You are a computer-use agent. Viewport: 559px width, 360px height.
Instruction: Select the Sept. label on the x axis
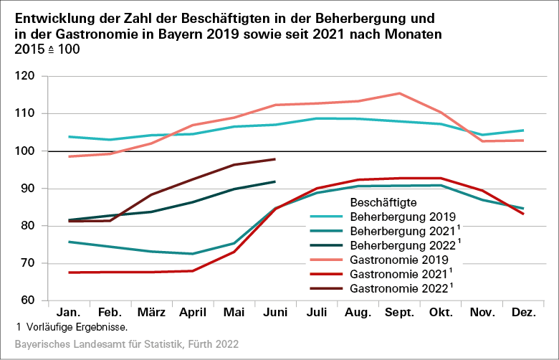coord(399,313)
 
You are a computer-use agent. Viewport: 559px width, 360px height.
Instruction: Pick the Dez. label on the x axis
coord(522,313)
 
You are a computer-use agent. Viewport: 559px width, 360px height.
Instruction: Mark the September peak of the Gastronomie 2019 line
coord(399,93)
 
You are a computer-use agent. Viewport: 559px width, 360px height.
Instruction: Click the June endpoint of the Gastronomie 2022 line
coord(275,159)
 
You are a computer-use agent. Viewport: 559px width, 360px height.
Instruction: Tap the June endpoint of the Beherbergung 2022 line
coord(275,181)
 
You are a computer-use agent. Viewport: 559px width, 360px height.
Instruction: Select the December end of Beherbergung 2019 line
coord(522,131)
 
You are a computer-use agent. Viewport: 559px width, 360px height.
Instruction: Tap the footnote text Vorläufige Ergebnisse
coord(75,328)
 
